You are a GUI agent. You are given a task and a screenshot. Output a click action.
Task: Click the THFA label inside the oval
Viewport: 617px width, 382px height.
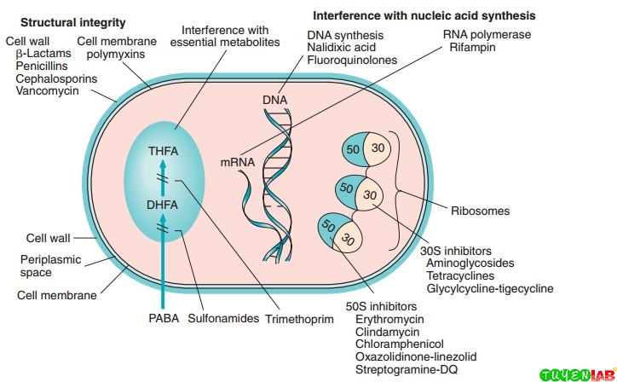click(x=162, y=153)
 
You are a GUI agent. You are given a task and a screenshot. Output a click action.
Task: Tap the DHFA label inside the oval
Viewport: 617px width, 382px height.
click(x=162, y=205)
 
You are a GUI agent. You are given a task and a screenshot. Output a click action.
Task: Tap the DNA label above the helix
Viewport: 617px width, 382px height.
click(x=275, y=100)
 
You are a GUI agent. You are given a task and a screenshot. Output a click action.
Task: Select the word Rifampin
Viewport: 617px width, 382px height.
click(x=473, y=48)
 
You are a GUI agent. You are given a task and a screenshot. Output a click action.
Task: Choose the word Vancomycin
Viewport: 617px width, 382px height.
click(x=46, y=91)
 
